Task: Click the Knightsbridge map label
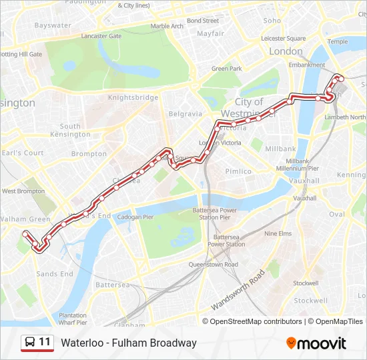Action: point(139,97)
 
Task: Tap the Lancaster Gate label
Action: point(101,36)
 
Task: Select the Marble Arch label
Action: point(167,26)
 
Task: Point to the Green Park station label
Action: point(226,69)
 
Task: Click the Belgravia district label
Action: point(185,113)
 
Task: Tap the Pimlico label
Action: point(238,171)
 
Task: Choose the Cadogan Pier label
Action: point(135,217)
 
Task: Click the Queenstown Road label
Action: point(213,265)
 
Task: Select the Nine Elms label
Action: point(278,234)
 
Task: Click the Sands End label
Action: point(55,274)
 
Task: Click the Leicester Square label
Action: point(284,39)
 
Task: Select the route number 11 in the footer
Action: point(45,342)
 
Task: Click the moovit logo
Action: point(316,343)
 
